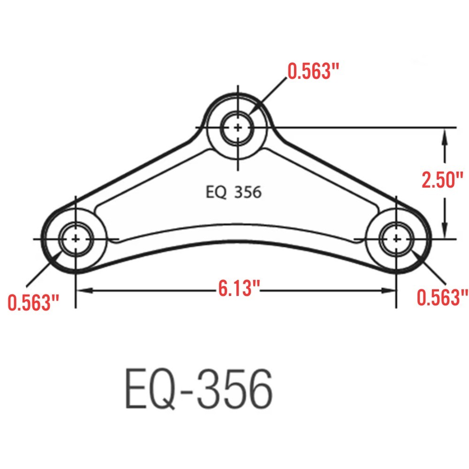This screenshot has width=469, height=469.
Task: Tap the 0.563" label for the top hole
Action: pos(313,72)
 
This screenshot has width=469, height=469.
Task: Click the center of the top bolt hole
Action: pos(238,128)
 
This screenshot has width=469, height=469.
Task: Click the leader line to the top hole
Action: pos(270,94)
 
